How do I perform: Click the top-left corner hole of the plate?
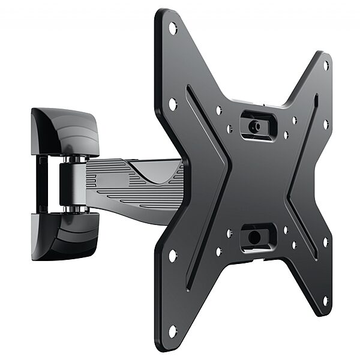click(173, 27)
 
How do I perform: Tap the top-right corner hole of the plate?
click(326, 64)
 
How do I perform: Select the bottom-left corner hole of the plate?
click(173, 330)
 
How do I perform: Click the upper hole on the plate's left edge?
click(173, 103)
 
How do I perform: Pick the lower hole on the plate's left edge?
click(173, 255)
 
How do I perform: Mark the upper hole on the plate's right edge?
click(326, 124)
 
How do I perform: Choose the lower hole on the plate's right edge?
click(326, 242)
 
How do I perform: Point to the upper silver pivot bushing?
click(76, 160)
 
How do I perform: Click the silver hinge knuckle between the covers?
click(72, 184)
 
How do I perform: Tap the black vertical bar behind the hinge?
click(43, 183)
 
